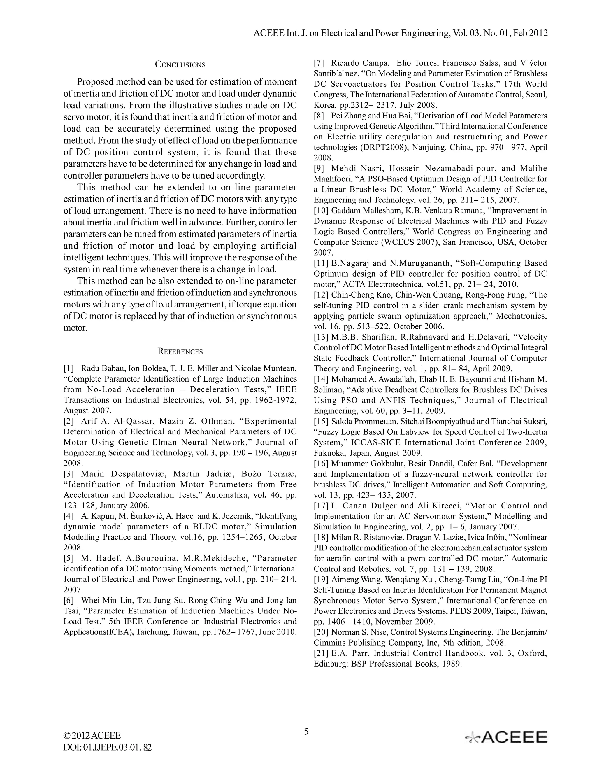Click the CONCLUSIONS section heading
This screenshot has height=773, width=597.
180,64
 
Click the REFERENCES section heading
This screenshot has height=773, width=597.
180,351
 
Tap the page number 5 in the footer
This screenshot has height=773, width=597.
306,732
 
